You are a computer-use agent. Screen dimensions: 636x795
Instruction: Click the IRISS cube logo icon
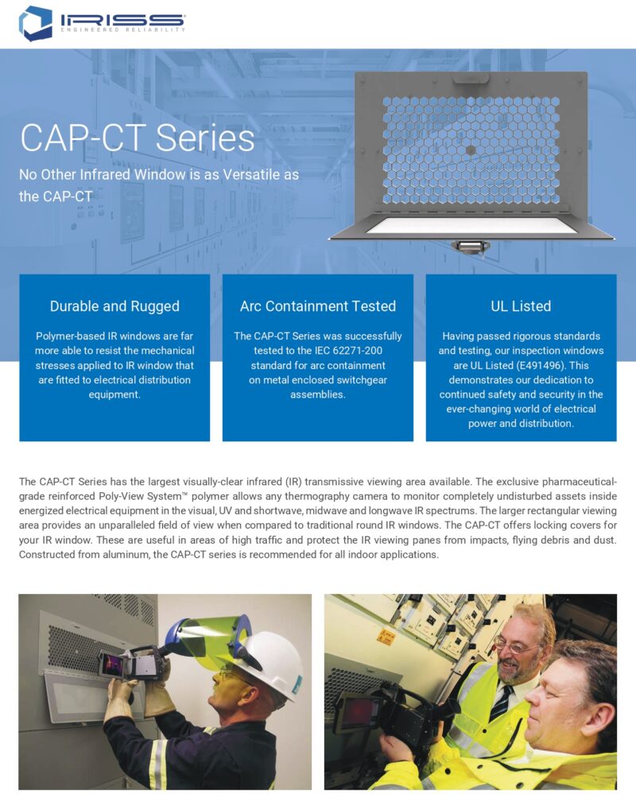(36, 23)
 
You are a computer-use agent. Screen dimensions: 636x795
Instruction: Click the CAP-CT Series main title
(137, 138)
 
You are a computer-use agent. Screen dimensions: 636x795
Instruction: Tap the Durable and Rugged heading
(114, 306)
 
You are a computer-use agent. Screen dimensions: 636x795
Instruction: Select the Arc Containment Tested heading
(318, 306)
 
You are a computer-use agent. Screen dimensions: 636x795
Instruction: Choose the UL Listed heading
(521, 306)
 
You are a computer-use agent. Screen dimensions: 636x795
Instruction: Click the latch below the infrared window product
(471, 247)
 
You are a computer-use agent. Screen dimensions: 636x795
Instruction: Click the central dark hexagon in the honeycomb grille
(471, 150)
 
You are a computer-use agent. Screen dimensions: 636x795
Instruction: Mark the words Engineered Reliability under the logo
(122, 30)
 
